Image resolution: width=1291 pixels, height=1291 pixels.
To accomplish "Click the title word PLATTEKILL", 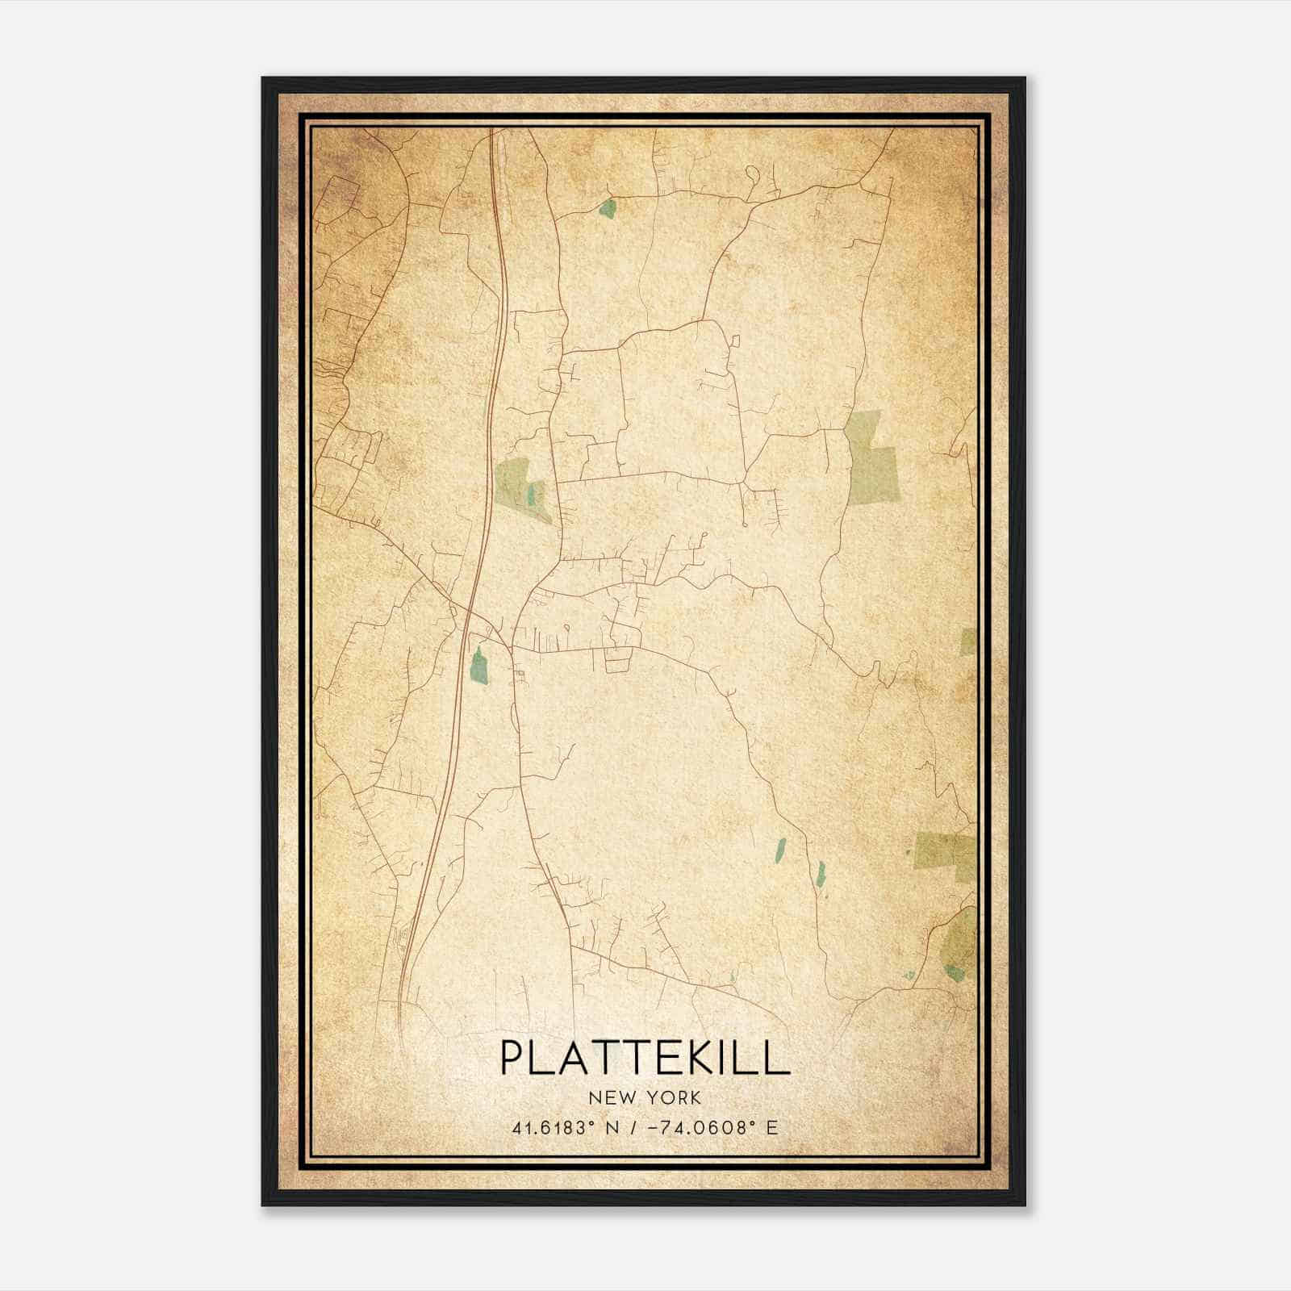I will pos(645,1058).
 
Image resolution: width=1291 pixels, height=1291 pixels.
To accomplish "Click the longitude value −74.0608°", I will pos(692,1128).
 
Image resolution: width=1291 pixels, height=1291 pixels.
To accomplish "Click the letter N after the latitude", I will pos(613,1128).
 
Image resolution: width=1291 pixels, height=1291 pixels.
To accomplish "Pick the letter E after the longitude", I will pos(772,1128).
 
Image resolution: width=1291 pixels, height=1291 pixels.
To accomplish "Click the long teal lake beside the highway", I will pos(478,666).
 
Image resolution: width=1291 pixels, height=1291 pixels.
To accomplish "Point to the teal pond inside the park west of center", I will pos(531,492).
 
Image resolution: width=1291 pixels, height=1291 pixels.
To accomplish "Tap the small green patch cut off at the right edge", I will pos(968,641).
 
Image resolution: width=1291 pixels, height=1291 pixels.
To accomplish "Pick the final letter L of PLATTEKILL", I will pos(779,1058).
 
